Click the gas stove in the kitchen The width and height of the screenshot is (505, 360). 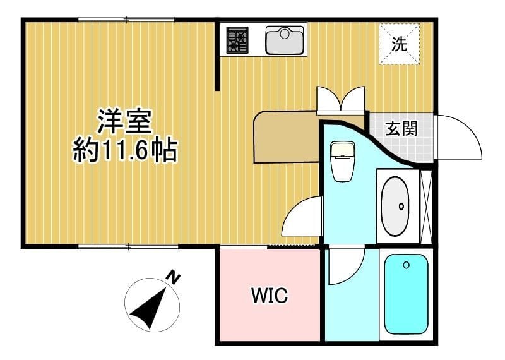(x=237, y=39)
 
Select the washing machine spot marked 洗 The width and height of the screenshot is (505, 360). (x=399, y=44)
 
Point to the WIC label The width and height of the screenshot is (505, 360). (x=270, y=295)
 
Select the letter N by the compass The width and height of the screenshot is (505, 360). (x=172, y=277)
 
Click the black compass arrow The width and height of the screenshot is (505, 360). (x=151, y=308)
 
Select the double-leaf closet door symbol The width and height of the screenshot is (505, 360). (x=341, y=99)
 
